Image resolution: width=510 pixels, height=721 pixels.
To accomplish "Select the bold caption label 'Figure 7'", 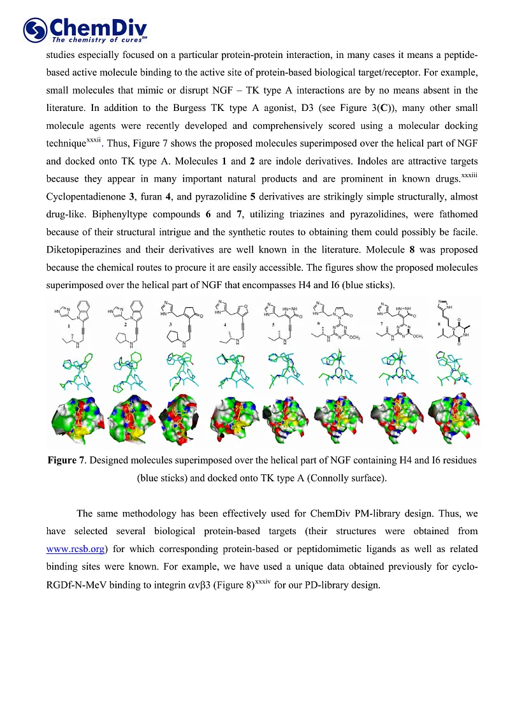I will click(67, 460).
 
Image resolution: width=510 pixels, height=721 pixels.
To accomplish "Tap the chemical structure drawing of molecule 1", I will click(75, 324).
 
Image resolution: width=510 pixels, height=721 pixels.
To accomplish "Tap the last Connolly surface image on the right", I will click(454, 421).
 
